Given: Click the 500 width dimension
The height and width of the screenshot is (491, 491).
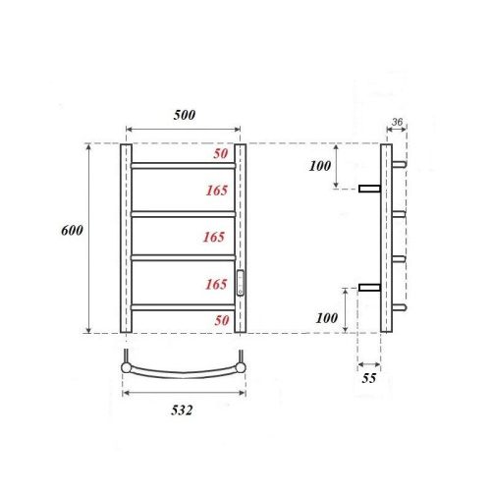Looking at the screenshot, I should [184, 115].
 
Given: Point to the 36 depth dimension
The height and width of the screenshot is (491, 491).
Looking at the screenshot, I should [397, 123].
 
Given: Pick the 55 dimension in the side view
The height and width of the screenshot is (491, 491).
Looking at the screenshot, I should [369, 377].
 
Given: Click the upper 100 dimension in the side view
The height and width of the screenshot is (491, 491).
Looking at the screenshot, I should [320, 166].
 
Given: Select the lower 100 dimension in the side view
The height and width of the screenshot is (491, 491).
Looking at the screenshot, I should [328, 319].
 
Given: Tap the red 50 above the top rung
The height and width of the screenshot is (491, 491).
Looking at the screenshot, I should [221, 155].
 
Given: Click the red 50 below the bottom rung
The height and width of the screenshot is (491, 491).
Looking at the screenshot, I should [221, 321].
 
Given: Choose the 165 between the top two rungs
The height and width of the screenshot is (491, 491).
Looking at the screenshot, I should [216, 190].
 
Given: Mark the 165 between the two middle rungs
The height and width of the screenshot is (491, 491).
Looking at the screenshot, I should [216, 237].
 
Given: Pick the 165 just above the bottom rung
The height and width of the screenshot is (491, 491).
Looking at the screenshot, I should [216, 285].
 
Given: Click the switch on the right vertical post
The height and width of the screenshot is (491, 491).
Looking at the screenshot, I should [241, 282].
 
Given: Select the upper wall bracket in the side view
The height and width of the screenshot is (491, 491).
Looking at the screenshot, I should [370, 189].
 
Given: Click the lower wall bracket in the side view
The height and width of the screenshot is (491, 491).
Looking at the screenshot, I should [370, 288].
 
